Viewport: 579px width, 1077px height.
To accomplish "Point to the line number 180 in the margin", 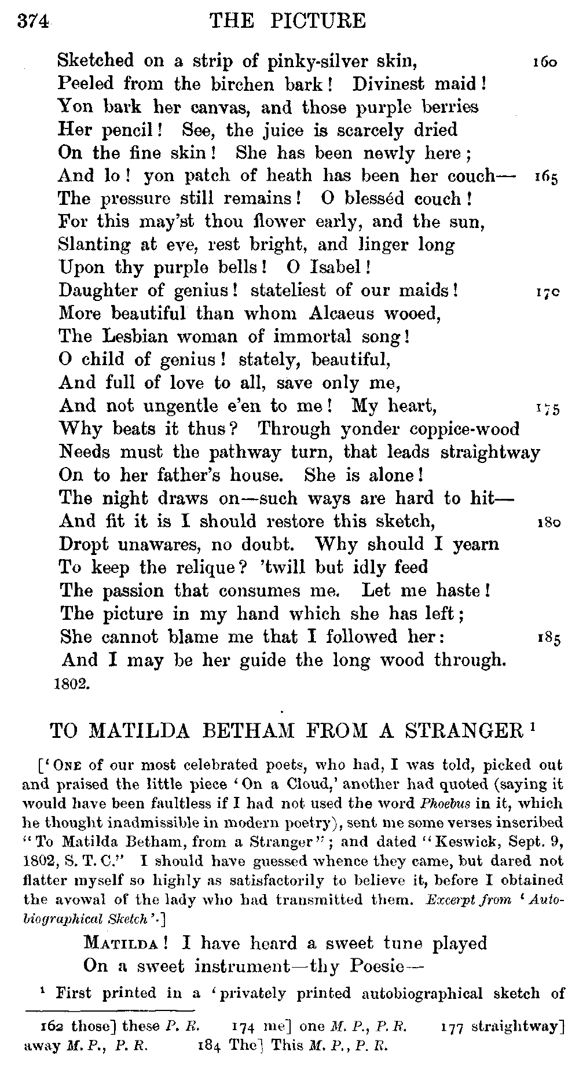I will [545, 523].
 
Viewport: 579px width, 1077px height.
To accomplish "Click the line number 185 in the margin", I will [545, 639].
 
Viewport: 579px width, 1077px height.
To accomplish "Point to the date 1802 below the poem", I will [71, 683].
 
